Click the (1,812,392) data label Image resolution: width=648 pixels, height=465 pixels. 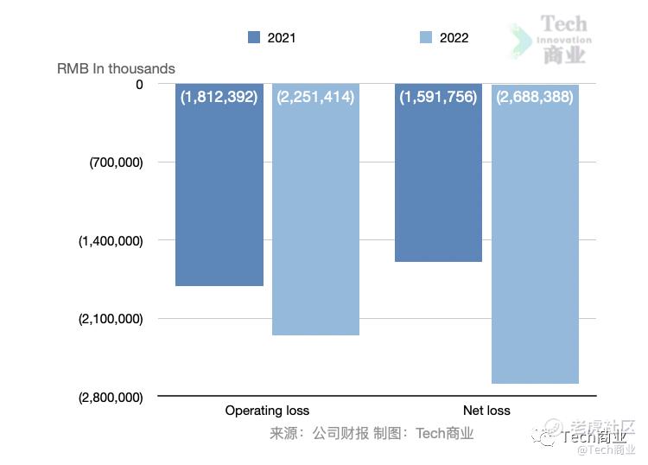[219, 97]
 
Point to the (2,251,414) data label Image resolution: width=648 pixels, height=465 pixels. [315, 97]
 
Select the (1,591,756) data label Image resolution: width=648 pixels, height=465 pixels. [438, 97]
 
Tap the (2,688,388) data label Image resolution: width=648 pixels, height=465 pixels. [535, 97]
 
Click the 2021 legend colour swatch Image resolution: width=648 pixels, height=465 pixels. [254, 37]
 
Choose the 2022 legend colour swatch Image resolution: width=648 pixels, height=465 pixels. [425, 37]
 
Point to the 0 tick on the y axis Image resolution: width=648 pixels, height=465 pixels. [139, 84]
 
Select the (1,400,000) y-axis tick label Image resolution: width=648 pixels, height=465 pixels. [111, 241]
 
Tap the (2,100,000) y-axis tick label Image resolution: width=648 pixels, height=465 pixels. [111, 319]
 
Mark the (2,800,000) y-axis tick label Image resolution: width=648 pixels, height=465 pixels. [111, 398]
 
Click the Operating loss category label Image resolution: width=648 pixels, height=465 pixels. [267, 411]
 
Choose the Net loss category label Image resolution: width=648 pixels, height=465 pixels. [486, 411]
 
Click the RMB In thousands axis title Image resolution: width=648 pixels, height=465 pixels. [116, 68]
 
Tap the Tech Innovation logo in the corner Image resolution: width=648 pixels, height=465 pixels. [553, 39]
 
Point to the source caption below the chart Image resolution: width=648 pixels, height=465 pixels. [372, 433]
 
